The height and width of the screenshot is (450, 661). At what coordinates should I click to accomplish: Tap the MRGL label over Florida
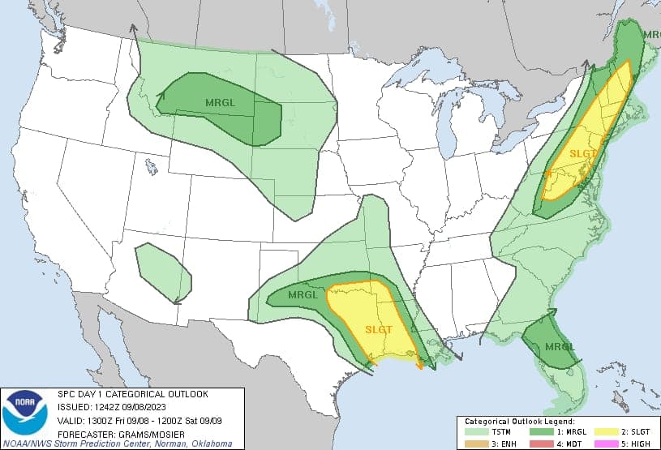point(559,347)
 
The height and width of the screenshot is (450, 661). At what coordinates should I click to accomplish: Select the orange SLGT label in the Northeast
point(582,152)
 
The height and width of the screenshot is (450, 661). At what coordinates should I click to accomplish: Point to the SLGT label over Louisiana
point(380,328)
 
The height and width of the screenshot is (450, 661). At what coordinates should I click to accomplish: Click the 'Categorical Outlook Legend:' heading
point(519,422)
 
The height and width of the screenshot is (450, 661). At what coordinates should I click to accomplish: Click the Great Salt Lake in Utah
point(151,167)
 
